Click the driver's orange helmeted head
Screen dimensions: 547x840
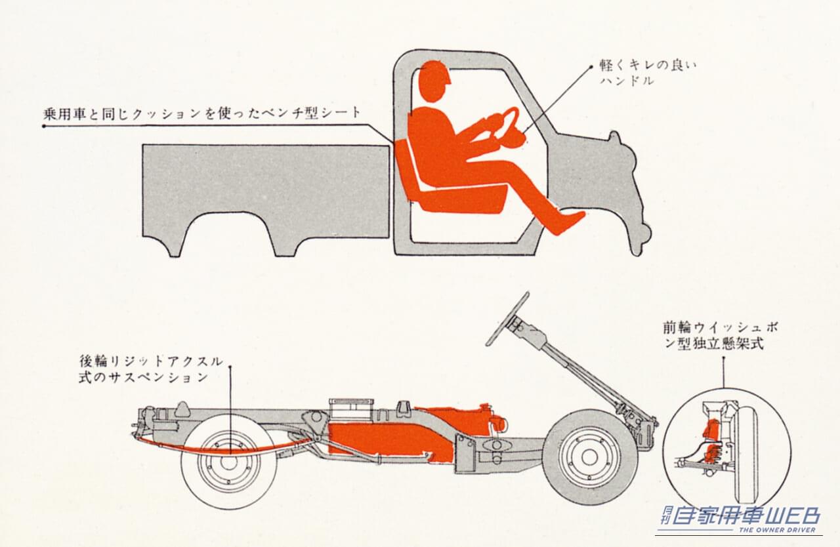(434, 81)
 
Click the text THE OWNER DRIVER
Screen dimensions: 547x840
(777, 530)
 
